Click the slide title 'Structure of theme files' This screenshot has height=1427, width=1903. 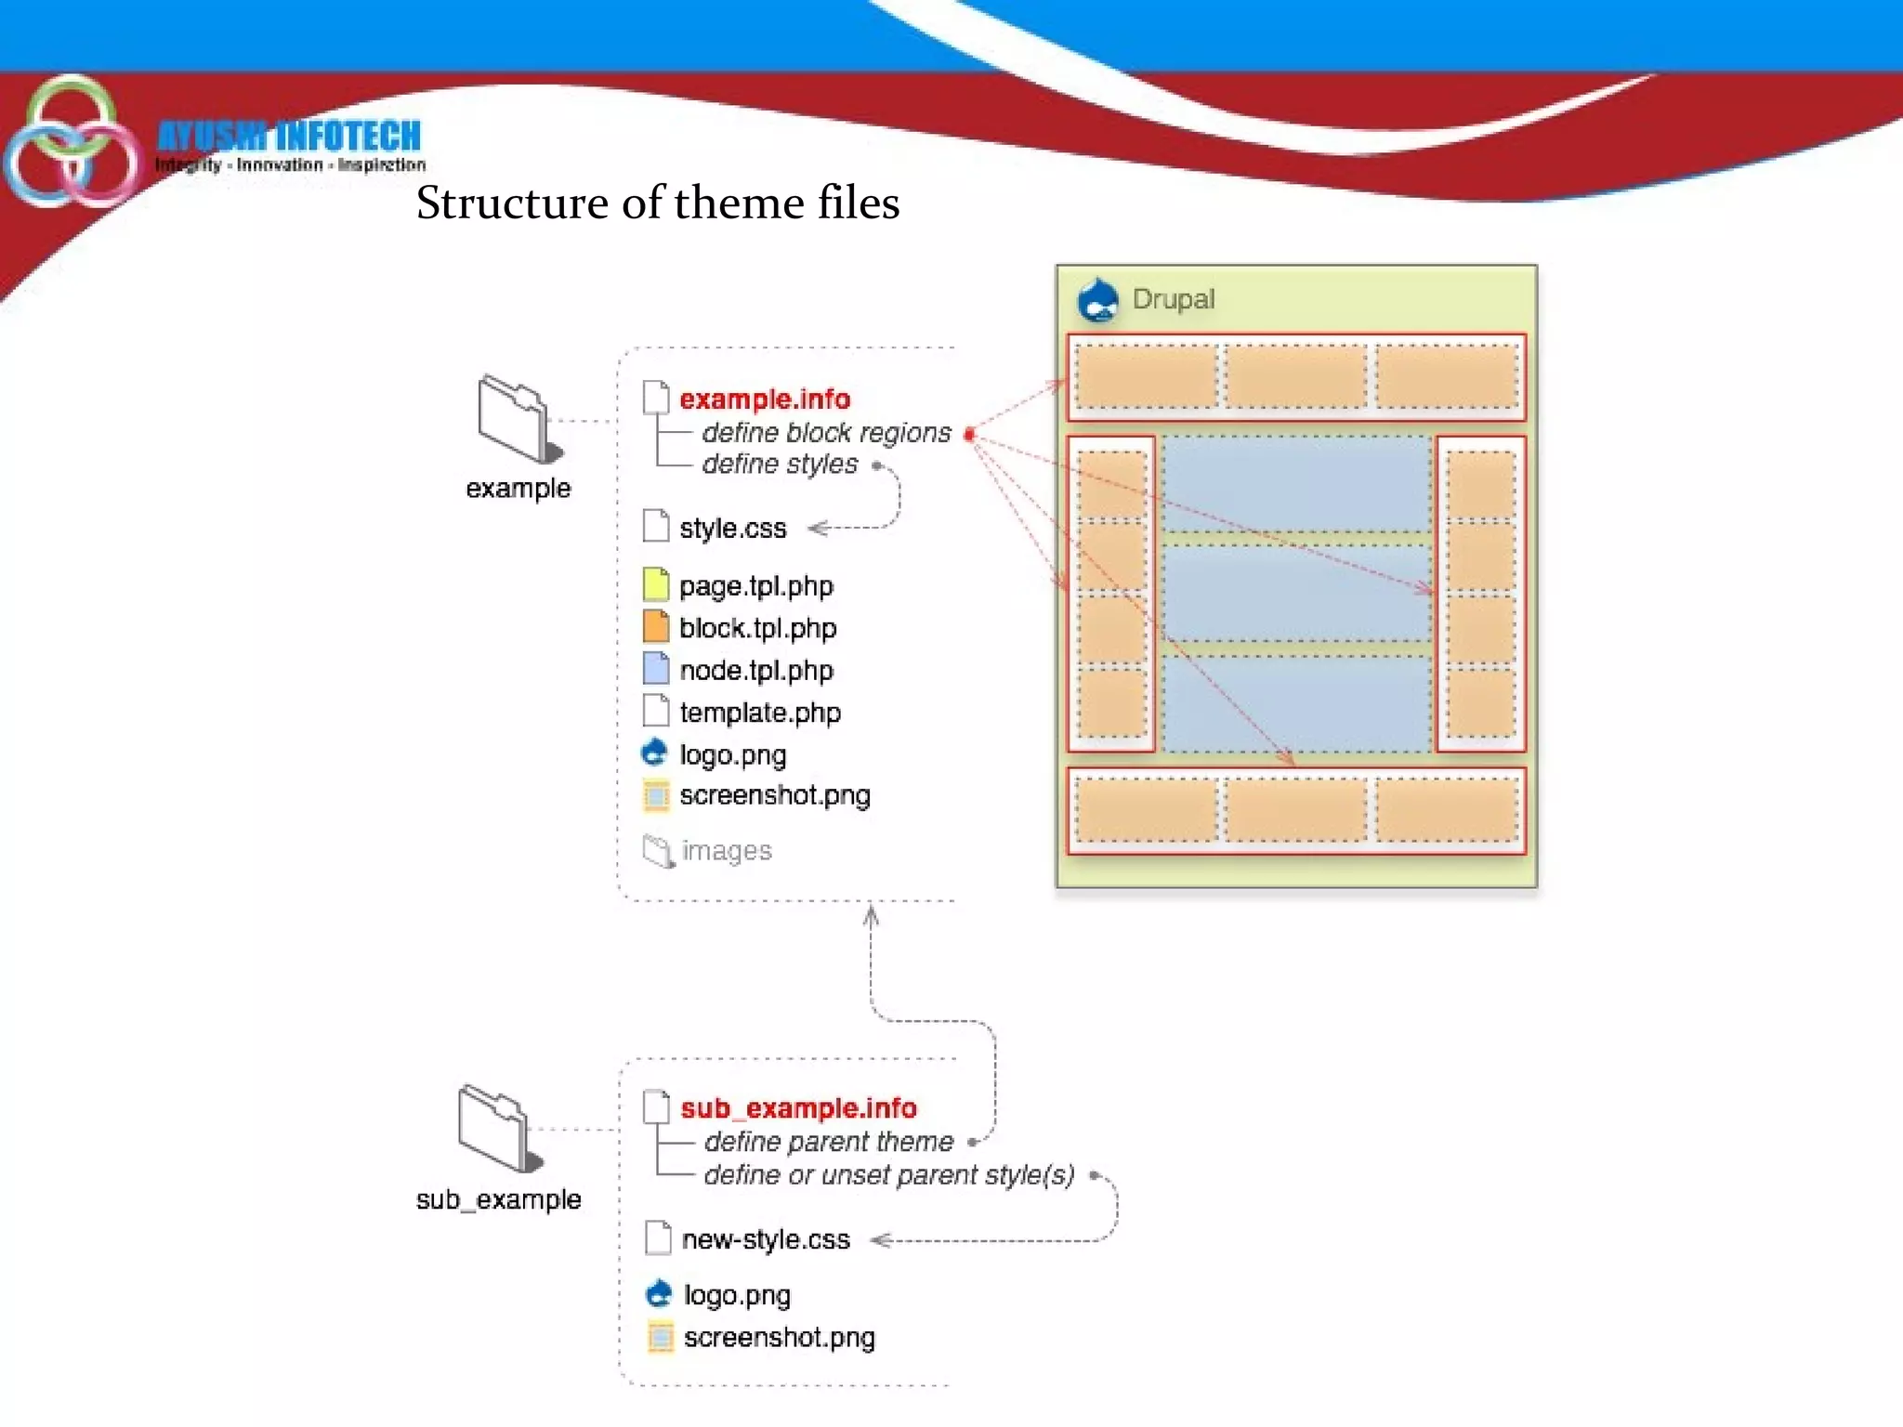(657, 203)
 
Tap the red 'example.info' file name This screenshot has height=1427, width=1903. (764, 399)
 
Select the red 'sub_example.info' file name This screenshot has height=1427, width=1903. (798, 1108)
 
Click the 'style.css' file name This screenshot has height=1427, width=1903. (732, 529)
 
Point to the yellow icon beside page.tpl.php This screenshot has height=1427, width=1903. (656, 584)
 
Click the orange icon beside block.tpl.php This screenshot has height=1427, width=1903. (656, 627)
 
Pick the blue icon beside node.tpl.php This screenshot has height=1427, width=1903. (656, 669)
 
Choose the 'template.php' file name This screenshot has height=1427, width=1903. (759, 713)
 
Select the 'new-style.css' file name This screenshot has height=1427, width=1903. (766, 1239)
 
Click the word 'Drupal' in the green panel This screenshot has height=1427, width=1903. (1173, 299)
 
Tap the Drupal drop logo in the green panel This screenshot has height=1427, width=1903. (1097, 300)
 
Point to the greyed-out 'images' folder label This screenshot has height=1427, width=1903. (726, 851)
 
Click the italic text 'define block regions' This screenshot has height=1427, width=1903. (826, 433)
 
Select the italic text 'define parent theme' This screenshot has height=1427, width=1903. (828, 1142)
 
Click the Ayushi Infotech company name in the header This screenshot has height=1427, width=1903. (289, 136)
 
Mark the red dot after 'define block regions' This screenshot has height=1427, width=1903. (969, 434)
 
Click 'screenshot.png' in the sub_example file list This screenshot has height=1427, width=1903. (779, 1338)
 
